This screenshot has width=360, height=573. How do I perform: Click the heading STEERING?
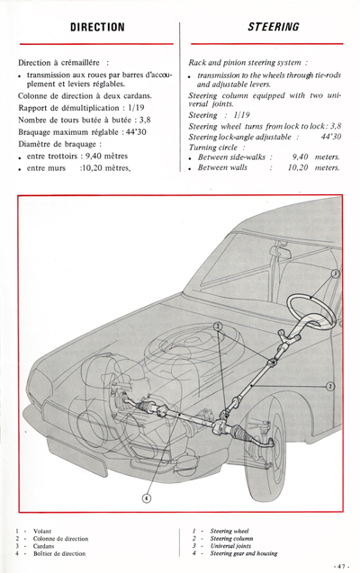[x=273, y=28]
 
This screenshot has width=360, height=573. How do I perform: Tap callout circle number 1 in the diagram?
[x=336, y=273]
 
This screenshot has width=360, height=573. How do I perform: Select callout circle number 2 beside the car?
[x=330, y=386]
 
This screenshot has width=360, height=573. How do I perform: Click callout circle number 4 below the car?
[x=147, y=497]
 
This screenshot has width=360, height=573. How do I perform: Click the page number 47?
[x=340, y=566]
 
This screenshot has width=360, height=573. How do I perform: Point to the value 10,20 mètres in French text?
[x=105, y=167]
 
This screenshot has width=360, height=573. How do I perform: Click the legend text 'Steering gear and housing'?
[x=251, y=554]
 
